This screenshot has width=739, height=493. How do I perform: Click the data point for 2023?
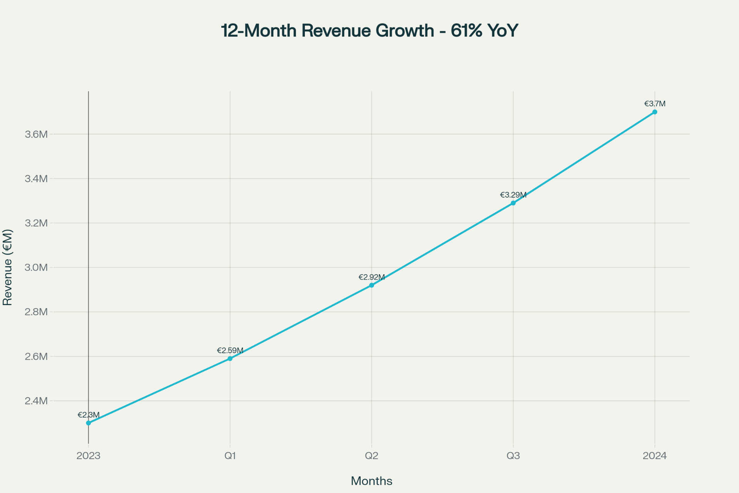pyautogui.click(x=89, y=423)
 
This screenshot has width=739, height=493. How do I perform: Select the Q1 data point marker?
pyautogui.click(x=230, y=359)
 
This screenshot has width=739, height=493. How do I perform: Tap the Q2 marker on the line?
pyautogui.click(x=371, y=285)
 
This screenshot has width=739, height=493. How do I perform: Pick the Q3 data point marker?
pyautogui.click(x=513, y=203)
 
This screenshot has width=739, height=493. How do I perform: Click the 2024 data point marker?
pyautogui.click(x=655, y=112)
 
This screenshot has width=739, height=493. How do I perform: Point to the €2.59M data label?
pyautogui.click(x=230, y=350)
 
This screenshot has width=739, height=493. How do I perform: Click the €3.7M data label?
pyautogui.click(x=655, y=104)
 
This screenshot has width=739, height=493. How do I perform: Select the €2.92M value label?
pyautogui.click(x=371, y=277)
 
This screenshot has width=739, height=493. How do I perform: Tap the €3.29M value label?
pyautogui.click(x=513, y=195)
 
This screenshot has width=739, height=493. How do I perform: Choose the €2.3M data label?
pyautogui.click(x=89, y=415)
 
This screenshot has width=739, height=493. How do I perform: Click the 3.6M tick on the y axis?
pyautogui.click(x=36, y=134)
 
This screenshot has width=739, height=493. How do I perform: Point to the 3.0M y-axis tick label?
pyautogui.click(x=36, y=268)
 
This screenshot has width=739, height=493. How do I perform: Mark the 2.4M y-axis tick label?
pyautogui.click(x=36, y=401)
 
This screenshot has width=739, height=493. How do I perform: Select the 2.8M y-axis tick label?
pyautogui.click(x=36, y=312)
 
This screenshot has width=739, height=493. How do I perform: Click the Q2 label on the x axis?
pyautogui.click(x=371, y=456)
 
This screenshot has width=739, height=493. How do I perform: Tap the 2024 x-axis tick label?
pyautogui.click(x=655, y=456)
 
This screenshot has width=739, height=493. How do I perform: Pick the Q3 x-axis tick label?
pyautogui.click(x=513, y=456)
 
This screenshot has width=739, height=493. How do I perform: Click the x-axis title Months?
pyautogui.click(x=371, y=481)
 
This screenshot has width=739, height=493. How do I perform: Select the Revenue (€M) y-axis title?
pyautogui.click(x=8, y=268)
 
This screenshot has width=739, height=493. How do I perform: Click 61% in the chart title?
pyautogui.click(x=466, y=30)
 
